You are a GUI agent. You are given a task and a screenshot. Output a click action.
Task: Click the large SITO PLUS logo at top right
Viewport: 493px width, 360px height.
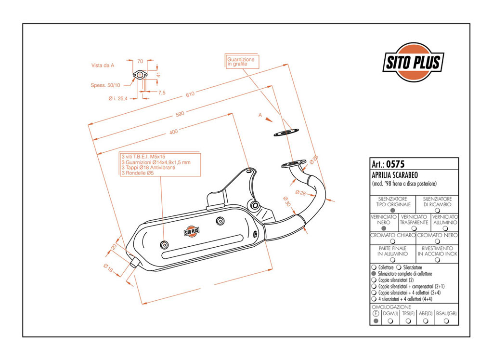point(413,62)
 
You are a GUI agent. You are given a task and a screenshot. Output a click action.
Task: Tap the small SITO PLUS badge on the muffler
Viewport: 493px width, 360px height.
point(192,231)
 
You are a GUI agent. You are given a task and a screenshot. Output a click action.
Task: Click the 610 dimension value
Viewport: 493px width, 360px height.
point(190,94)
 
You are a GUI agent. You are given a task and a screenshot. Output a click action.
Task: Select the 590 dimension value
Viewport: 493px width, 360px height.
point(180,114)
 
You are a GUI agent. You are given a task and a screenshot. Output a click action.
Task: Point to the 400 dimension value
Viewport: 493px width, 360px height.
point(173,132)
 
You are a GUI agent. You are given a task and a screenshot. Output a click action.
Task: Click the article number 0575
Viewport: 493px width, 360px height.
point(395,164)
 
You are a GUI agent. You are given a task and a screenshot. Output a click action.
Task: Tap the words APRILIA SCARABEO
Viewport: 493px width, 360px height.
point(395,175)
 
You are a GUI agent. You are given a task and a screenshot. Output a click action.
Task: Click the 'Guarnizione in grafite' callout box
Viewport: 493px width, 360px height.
point(242,62)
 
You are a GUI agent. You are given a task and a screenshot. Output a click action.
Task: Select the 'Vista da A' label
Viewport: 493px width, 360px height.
point(103,66)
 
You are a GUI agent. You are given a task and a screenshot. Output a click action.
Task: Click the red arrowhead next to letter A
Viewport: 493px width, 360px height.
point(268,120)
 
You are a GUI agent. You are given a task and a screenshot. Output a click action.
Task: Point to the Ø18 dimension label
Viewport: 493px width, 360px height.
point(108,268)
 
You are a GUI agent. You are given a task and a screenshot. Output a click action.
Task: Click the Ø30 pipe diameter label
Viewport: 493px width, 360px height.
point(286,201)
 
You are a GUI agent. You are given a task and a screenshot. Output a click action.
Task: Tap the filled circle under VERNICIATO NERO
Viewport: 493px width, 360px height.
point(383,228)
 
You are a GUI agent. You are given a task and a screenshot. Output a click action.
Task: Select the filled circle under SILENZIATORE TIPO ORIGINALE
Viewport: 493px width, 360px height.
point(393,210)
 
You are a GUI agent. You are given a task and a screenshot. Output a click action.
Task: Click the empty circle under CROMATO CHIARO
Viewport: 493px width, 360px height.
point(392,241)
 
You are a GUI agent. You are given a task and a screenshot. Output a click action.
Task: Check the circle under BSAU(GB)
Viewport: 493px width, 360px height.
point(446,321)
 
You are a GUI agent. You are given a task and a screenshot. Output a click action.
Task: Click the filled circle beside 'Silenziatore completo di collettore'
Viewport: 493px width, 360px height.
point(374,274)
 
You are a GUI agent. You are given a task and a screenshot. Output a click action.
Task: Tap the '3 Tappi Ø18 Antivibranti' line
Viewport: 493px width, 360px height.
point(148,167)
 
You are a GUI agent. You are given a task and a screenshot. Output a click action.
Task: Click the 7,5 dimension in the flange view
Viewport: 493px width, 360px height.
point(162,93)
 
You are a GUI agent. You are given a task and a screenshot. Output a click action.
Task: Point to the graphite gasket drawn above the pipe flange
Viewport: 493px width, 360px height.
point(286,132)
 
